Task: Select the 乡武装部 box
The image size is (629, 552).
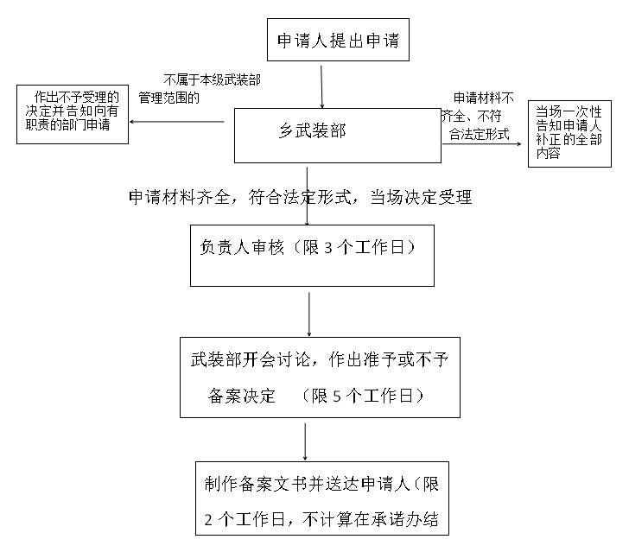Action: click(338, 136)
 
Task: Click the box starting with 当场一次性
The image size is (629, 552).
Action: click(570, 133)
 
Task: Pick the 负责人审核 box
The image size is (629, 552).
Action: click(312, 256)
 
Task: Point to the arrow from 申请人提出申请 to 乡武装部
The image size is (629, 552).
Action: click(321, 85)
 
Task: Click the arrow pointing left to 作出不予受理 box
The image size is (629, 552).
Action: click(177, 121)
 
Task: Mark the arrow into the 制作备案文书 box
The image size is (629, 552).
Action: click(307, 441)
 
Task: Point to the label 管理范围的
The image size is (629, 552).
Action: click(169, 98)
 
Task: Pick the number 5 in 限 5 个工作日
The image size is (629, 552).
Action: click(338, 397)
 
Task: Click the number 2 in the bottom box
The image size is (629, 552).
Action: click(209, 520)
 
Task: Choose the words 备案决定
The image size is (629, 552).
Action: click(243, 397)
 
